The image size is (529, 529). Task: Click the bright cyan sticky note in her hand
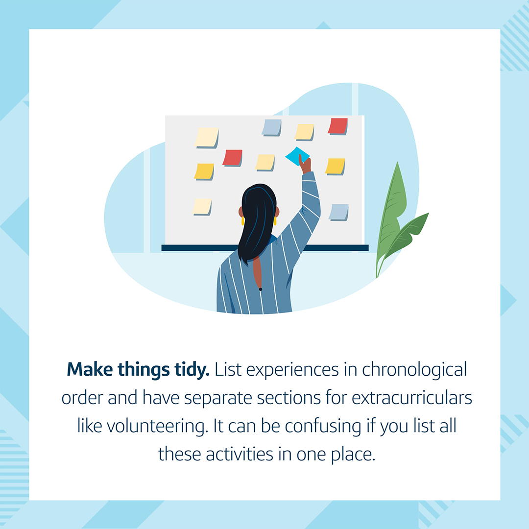297,156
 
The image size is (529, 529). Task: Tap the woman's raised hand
305,165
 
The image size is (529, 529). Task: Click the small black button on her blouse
261,289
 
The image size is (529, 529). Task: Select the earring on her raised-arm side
275,221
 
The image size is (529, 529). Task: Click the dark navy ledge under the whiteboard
265,248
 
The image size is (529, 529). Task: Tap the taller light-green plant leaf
391,216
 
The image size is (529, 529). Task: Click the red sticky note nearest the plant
337,126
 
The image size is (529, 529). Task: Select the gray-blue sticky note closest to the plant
339,212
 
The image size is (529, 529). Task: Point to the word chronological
415,370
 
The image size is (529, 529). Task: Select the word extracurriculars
412,397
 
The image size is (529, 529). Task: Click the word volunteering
158,427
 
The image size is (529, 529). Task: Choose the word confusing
323,427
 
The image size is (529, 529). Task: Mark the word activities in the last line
240,454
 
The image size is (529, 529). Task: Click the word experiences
292,370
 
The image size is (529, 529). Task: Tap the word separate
218,398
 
